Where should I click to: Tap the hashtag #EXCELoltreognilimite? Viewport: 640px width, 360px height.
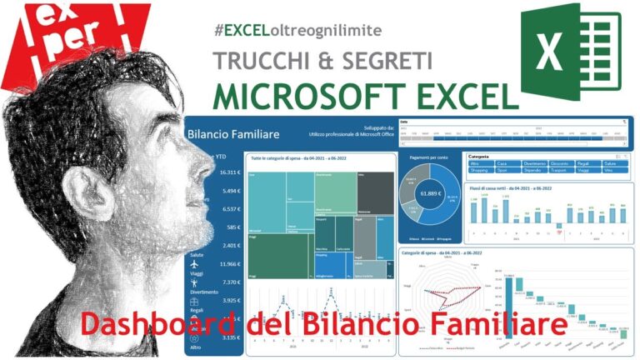297,30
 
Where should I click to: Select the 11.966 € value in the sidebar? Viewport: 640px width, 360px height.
229,264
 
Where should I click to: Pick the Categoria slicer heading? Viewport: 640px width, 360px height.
479,156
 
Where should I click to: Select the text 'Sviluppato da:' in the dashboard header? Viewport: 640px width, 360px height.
363,127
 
